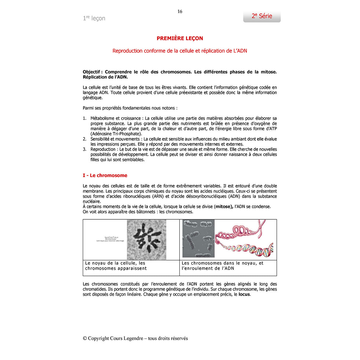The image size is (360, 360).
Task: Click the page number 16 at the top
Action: tap(180, 12)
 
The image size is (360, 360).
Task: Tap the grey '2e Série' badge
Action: tap(262, 16)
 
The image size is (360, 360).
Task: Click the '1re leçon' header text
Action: tap(94, 18)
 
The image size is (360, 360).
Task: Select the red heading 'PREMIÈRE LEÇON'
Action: tap(180, 38)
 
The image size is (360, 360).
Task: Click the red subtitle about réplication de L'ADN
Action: tap(180, 51)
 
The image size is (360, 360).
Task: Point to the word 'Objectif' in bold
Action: tap(91, 72)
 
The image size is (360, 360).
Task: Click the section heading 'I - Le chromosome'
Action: tap(105, 175)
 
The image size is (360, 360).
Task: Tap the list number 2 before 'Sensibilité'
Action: tap(85, 139)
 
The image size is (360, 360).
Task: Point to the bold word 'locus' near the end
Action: tap(244, 295)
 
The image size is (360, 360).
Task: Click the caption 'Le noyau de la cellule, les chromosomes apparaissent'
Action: tap(116, 266)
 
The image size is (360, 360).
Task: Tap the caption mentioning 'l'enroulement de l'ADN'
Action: tap(222, 266)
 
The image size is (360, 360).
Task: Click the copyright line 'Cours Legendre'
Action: tap(135, 338)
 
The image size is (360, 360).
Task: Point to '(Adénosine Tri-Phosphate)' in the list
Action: tap(116, 134)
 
